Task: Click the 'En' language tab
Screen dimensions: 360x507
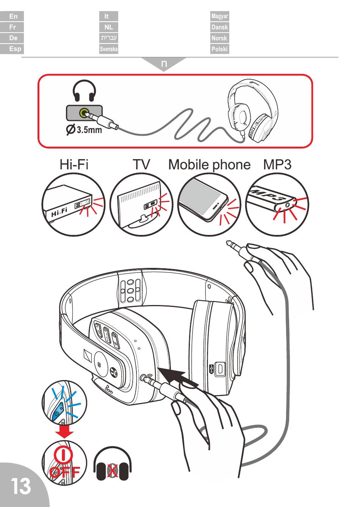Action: (x=12, y=16)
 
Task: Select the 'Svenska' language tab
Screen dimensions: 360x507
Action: (x=108, y=49)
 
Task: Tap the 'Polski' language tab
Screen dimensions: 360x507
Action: (x=219, y=49)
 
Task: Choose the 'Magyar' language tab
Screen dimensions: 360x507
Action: (x=219, y=16)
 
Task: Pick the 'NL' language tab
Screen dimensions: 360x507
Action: (x=108, y=27)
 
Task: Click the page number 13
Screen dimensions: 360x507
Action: (x=20, y=486)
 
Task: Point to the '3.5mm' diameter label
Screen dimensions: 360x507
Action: (x=89, y=130)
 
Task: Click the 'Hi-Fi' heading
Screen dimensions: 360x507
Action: (x=74, y=164)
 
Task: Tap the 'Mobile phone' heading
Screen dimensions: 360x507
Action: (x=209, y=165)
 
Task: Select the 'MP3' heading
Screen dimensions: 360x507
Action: (x=277, y=165)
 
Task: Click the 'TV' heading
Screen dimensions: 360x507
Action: (x=141, y=164)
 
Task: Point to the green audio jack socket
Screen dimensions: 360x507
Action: (x=84, y=113)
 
